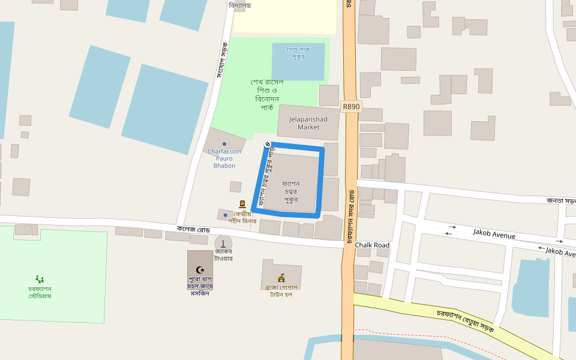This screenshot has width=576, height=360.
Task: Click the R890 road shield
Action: pos(351,106)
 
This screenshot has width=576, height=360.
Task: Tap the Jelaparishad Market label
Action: pos(308,123)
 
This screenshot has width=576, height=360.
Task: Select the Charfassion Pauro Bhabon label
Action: pos(224,158)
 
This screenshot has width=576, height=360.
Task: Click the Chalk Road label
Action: pos(372,245)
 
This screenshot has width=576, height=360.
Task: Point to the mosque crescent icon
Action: pos(200,270)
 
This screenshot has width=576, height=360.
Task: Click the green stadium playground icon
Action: pos(40,279)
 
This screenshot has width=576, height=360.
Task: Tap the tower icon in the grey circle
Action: pos(223,244)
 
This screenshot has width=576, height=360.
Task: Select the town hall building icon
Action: pos(281,278)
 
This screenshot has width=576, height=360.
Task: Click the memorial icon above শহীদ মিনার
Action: pos(242,204)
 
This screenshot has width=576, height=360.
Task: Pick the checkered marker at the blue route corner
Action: pos(267,143)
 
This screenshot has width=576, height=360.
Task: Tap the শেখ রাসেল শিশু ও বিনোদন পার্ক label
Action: pos(267,94)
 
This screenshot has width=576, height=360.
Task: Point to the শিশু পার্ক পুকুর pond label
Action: pos(298,53)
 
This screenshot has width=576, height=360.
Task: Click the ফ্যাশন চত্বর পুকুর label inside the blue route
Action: pos(291,191)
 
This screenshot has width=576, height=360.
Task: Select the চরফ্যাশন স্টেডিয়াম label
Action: pos(40,292)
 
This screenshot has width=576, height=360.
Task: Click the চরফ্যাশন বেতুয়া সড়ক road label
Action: pos(465,321)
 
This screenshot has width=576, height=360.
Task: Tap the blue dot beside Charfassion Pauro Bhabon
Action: pos(224,144)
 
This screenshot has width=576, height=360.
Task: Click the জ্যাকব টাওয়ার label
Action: pos(223,255)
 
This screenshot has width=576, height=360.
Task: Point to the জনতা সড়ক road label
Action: pos(561,201)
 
